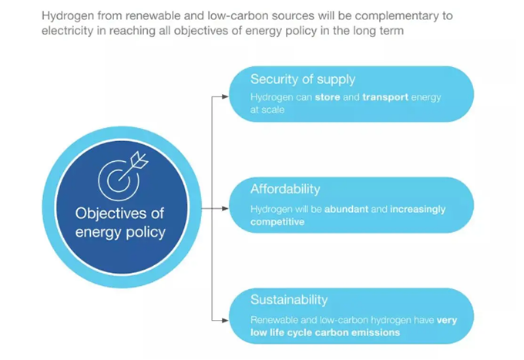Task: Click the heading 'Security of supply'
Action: coord(303,80)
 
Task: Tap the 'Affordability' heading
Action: coord(285,189)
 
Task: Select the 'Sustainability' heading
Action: coord(289,300)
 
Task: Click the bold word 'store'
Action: coord(327,97)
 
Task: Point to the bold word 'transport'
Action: coord(385,97)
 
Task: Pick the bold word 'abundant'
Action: coord(346,209)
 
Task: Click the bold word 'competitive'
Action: coord(277,222)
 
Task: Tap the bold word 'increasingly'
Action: coord(418,210)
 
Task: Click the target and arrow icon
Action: coord(123,177)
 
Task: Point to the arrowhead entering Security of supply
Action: coord(225,96)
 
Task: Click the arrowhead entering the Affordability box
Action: coord(225,209)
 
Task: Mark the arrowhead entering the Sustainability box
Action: coord(225,320)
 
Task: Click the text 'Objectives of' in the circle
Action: coord(119,214)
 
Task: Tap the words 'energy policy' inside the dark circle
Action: coord(120,232)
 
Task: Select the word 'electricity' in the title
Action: coord(68,31)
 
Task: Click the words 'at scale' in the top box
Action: coord(267,110)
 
